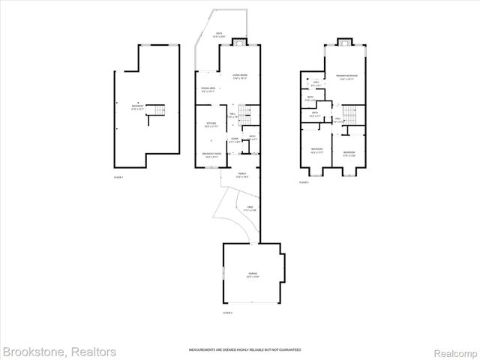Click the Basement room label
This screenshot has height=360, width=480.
tap(138, 106)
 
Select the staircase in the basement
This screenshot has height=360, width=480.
tap(155, 112)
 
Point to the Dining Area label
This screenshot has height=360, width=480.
tap(208, 90)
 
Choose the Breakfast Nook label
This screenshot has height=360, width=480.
tap(211, 154)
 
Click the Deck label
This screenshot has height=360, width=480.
tap(220, 34)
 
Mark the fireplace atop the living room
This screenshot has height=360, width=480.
tap(239, 41)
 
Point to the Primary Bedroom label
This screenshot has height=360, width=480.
tap(346, 77)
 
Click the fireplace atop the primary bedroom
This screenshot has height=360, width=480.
tap(345, 41)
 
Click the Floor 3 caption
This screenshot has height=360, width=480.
tap(303, 182)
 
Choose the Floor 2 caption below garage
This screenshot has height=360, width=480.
tap(228, 312)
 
